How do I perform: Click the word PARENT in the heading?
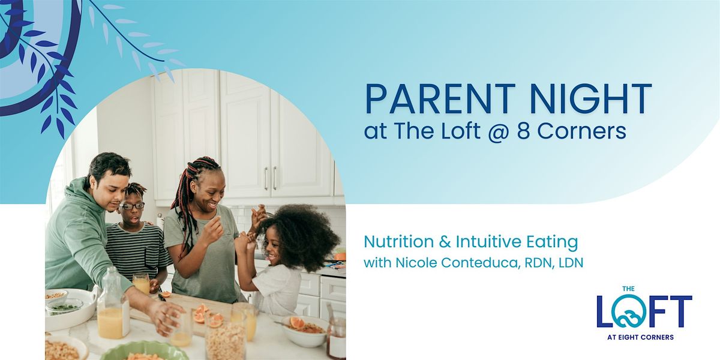(x=440, y=98)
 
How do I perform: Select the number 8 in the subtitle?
(x=524, y=131)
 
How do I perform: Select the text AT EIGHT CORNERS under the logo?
(x=640, y=337)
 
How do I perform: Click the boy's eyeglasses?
(x=132, y=206)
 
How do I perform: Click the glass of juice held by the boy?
(x=141, y=283)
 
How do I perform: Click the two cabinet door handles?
(x=271, y=178)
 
